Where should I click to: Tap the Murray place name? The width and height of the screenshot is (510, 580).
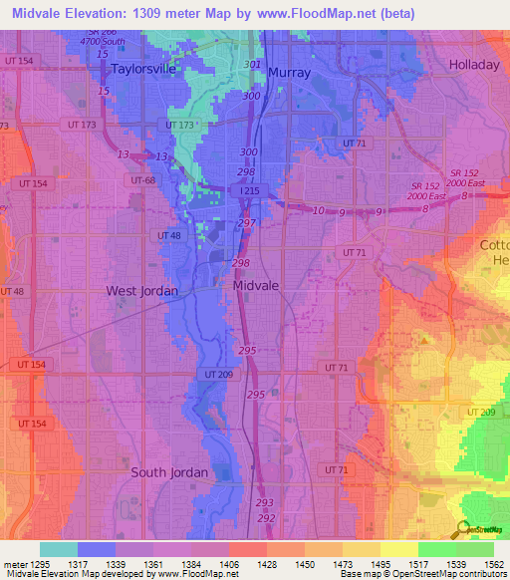click(x=290, y=73)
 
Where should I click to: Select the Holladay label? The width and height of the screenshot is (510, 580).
click(x=474, y=65)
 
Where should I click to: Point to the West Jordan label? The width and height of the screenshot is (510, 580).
click(x=142, y=291)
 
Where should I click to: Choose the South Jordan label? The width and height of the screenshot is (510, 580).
click(x=169, y=472)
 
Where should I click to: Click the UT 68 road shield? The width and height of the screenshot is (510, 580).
click(x=142, y=179)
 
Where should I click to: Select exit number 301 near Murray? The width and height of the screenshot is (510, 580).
click(x=252, y=65)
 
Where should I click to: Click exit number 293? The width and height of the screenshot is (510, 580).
click(x=265, y=503)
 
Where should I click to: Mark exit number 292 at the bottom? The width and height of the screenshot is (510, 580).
click(x=266, y=518)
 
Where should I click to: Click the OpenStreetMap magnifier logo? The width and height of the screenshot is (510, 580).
click(x=460, y=530)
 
